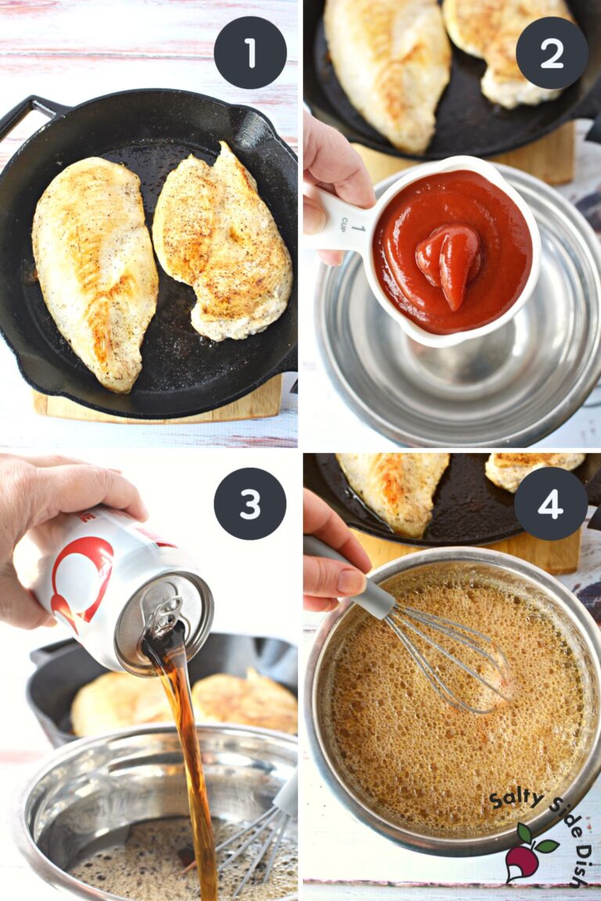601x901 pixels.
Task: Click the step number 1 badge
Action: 250,52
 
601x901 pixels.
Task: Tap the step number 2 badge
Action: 552,52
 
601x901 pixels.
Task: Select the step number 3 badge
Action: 250,504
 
